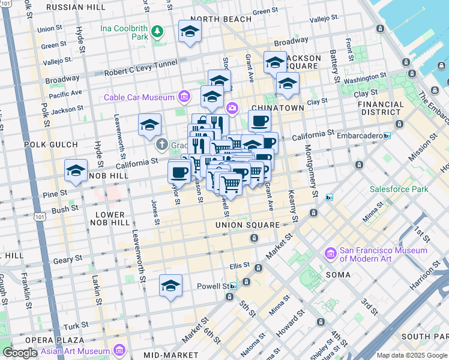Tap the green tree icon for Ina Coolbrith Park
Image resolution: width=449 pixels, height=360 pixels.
157,31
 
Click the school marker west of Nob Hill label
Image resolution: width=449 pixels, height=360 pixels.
76,171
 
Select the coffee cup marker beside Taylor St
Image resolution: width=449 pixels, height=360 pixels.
179,172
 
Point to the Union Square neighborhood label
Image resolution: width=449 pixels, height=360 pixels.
247,225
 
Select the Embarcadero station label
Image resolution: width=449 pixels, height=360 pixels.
354,136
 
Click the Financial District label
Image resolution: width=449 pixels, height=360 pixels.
381,108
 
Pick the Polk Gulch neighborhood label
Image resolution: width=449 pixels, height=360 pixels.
51,145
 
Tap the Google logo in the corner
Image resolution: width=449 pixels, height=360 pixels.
20,353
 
